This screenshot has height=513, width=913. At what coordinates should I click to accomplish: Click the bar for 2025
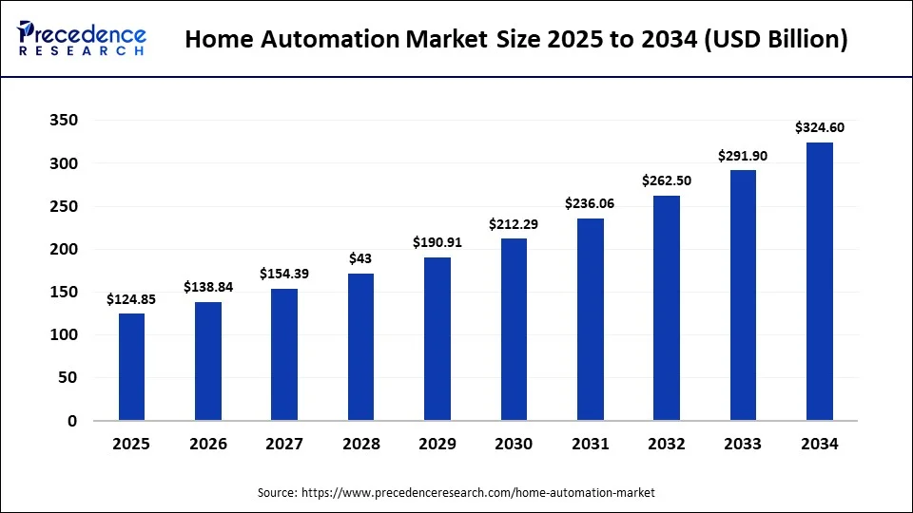132,367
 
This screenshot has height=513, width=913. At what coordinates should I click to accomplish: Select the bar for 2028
360,347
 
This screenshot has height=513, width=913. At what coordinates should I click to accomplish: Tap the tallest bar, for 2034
820,281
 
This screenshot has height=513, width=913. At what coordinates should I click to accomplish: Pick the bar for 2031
591,319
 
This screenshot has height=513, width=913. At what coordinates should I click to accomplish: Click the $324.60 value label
820,127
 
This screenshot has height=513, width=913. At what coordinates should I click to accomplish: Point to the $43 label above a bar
361,258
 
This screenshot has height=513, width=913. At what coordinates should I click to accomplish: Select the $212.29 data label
515,224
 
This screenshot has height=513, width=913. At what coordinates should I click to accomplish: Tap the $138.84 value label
208,287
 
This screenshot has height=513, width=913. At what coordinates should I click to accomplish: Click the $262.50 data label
667,180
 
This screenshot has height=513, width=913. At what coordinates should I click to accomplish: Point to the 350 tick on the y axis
64,121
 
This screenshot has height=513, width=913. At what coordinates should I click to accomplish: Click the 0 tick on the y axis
71,421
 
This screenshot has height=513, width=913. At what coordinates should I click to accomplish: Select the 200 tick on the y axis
64,249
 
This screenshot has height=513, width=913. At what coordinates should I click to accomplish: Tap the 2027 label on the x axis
284,444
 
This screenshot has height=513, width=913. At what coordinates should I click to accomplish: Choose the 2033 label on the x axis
743,444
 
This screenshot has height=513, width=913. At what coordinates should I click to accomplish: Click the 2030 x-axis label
515,444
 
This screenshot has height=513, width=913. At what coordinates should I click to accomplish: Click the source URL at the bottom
478,493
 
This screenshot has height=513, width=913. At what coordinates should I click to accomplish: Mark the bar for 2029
437,338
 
